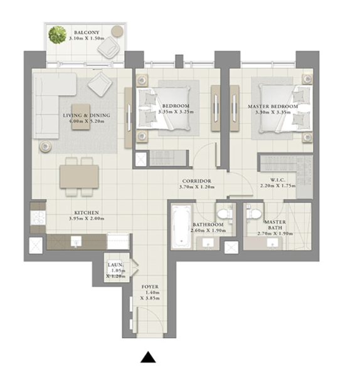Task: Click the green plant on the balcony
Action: click(x=58, y=35)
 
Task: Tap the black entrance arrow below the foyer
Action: click(x=148, y=357)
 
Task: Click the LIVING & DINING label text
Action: click(x=87, y=115)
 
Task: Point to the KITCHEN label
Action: click(x=87, y=212)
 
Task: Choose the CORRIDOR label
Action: click(x=197, y=181)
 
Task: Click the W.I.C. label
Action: click(x=278, y=180)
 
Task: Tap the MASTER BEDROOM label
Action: click(x=273, y=107)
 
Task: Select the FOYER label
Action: click(x=150, y=286)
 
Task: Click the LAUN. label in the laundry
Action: click(x=115, y=265)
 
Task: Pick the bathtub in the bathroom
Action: click(x=181, y=226)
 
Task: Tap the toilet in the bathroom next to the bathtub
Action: click(x=225, y=214)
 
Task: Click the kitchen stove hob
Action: click(x=38, y=218)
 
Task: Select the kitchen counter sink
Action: click(x=77, y=241)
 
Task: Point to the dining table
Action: click(x=79, y=177)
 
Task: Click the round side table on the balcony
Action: click(x=117, y=31)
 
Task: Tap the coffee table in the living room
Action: click(x=81, y=117)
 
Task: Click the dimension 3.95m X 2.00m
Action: click(x=87, y=219)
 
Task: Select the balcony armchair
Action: click(x=109, y=47)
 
